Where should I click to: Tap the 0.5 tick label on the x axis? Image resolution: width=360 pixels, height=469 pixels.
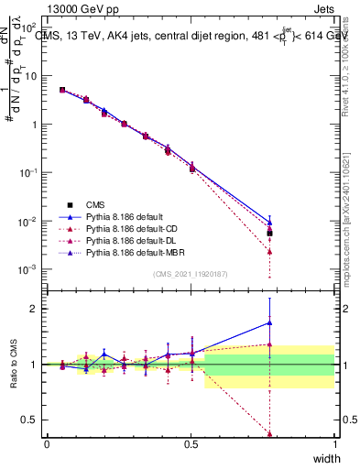pos(191,444)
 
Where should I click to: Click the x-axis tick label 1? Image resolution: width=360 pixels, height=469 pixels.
pos(334,444)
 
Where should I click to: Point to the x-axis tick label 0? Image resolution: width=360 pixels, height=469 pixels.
pos(47,444)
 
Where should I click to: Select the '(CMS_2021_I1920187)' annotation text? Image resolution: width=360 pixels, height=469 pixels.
pos(191,273)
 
